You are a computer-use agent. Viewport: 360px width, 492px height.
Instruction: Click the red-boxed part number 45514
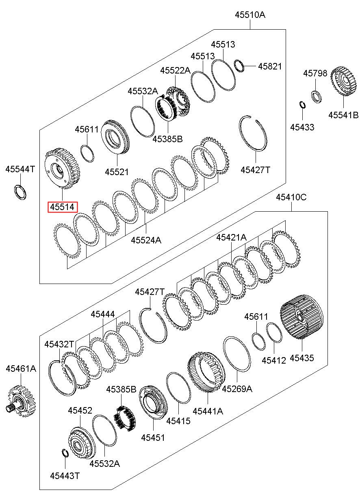point(63,207)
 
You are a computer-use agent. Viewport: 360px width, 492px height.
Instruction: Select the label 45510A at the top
point(250,15)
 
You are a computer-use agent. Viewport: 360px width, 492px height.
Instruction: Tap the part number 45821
point(270,66)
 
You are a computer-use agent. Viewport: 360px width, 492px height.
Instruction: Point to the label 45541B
point(343,115)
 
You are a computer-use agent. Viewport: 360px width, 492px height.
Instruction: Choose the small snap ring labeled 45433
point(303,104)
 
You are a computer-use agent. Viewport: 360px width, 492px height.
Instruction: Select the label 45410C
point(291,197)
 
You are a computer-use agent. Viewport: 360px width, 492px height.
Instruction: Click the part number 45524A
point(146,240)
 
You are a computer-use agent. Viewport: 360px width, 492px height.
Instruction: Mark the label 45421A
point(231,237)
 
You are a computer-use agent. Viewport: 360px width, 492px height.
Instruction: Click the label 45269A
point(237,389)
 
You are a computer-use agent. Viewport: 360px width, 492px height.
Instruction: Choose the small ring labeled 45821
point(239,65)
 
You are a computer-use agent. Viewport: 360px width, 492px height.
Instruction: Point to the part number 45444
point(103,314)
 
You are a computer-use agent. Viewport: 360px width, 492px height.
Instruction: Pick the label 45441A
point(208,411)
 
